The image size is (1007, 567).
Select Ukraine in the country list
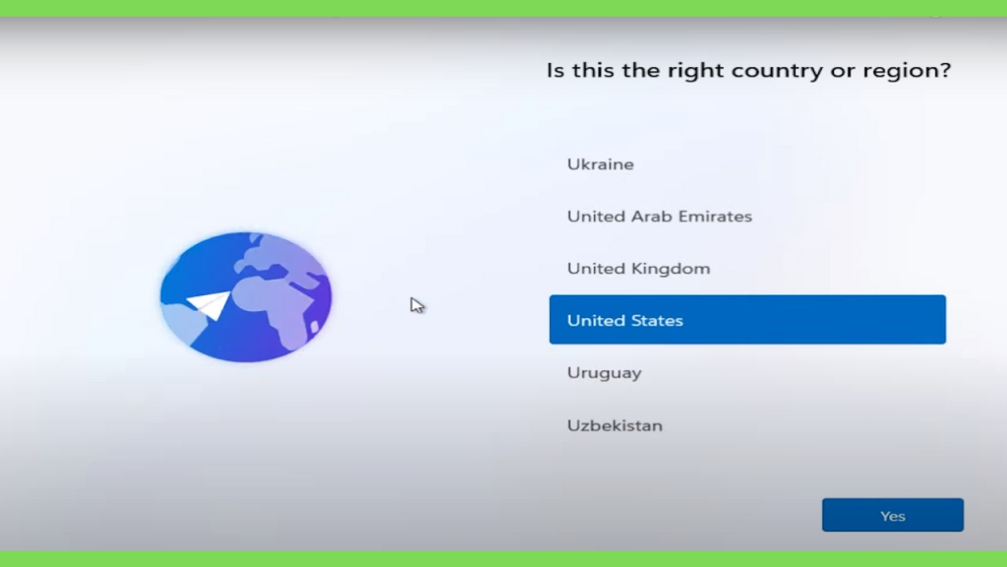coord(601,164)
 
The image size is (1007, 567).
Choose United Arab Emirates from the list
coord(660,216)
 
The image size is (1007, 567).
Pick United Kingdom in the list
coord(638,268)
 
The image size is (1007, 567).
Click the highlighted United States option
coord(747,320)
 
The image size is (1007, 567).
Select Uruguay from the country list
coord(605,373)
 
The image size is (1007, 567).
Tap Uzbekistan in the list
coord(615,425)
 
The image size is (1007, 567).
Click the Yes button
coord(893,515)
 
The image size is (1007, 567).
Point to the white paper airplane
coord(209,304)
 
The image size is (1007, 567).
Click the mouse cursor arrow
coord(417,305)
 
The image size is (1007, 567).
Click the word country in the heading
coord(777,70)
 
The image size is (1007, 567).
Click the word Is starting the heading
coord(556,70)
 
